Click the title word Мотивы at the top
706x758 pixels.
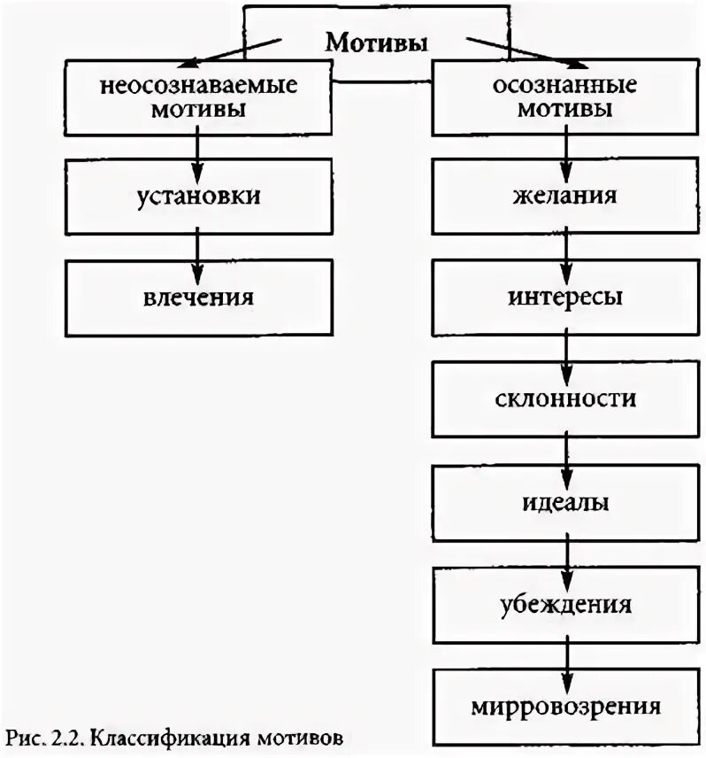377,43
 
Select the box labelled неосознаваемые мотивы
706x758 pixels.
197,99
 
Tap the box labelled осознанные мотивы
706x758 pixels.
564,99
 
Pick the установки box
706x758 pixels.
197,196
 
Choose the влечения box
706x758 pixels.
197,296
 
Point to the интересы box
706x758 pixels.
564,296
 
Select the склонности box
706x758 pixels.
564,399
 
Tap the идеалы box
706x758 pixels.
564,502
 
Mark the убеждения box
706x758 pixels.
564,606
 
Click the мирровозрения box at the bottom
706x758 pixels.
564,707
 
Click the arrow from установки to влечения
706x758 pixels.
198,247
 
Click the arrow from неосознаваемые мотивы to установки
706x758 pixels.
198,145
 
